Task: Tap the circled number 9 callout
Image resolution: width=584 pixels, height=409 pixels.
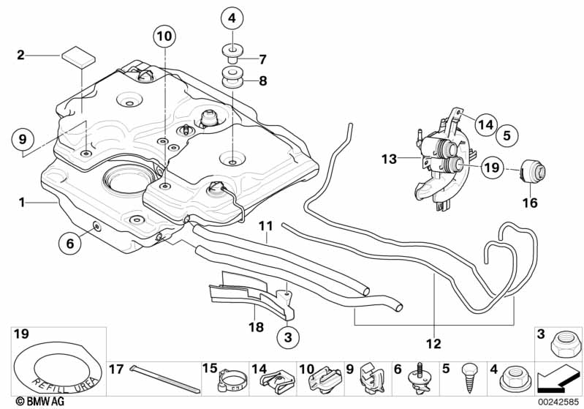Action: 23,138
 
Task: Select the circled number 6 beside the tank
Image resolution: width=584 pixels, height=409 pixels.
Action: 70,244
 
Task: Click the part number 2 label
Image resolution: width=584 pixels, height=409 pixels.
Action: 20,54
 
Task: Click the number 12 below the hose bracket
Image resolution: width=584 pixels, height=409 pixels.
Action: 434,343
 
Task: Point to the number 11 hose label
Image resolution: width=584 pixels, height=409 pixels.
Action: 265,227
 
